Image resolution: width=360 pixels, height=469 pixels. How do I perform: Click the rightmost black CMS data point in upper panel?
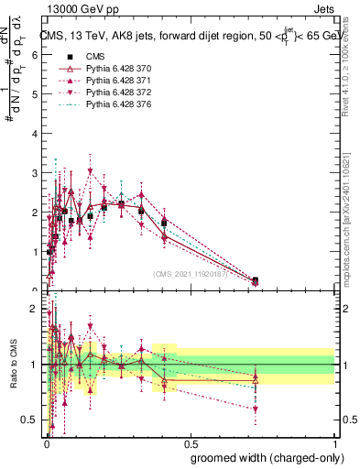[255, 280]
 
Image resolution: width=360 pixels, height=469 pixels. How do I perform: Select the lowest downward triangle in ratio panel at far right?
[255, 409]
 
